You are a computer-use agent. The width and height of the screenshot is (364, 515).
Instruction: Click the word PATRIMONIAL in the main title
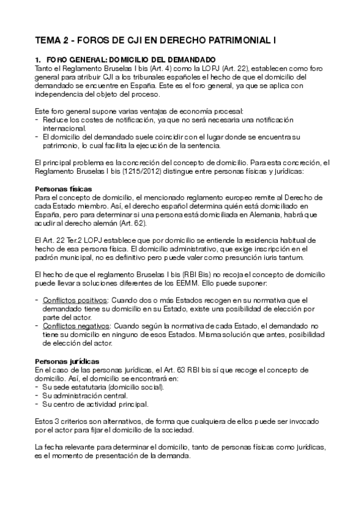pyautogui.click(x=235, y=40)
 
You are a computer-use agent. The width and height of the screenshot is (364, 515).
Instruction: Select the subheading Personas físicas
pyautogui.click(x=63, y=189)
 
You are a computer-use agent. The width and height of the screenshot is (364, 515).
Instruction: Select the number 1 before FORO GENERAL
pyautogui.click(x=38, y=59)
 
